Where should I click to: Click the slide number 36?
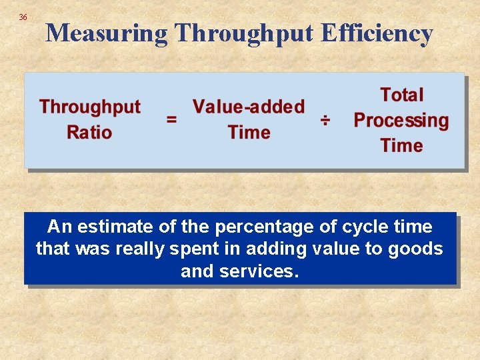pyautogui.click(x=23, y=17)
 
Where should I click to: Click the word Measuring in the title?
pyautogui.click(x=107, y=33)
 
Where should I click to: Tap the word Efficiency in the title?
pyautogui.click(x=377, y=33)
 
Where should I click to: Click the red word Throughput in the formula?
pyautogui.click(x=90, y=107)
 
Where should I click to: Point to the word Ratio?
pyautogui.click(x=89, y=132)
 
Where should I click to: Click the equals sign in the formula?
pyautogui.click(x=171, y=120)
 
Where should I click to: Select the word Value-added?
pyautogui.click(x=249, y=107)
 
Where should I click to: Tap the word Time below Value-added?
pyautogui.click(x=249, y=132)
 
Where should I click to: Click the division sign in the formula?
pyautogui.click(x=325, y=120)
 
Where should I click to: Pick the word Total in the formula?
pyautogui.click(x=401, y=95)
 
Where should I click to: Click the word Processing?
pyautogui.click(x=401, y=121)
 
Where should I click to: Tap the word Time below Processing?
pyautogui.click(x=401, y=145)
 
